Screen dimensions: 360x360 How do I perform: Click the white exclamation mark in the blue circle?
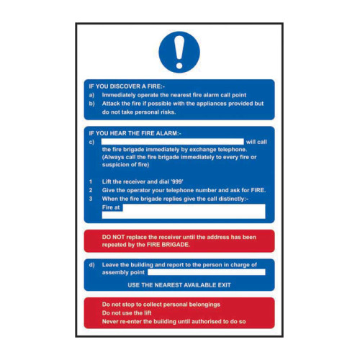pos(180,52)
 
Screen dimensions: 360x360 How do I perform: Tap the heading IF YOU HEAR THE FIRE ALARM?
pos(135,134)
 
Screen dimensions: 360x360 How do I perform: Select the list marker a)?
pos(91,95)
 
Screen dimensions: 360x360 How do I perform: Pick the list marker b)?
pos(91,104)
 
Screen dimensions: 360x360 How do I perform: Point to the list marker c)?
pos(91,142)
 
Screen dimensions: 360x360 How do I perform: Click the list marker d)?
pos(91,264)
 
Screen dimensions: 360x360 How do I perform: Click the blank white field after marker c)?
pos(173,142)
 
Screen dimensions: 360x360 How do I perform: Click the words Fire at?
pos(111,207)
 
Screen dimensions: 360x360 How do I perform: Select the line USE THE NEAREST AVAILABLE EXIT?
pos(180,285)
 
